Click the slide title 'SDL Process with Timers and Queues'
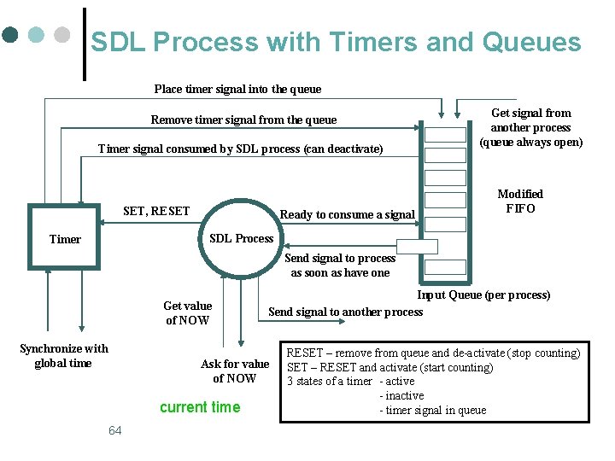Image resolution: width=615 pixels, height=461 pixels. pos(336,43)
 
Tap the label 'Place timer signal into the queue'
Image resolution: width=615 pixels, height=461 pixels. pos(237,89)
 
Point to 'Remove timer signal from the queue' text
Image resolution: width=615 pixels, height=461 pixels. pos(243,120)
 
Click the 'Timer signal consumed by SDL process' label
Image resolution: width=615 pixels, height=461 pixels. pos(240,149)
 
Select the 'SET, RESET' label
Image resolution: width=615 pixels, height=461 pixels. pos(156,211)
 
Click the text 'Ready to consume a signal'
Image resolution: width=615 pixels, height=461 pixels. pos(347,214)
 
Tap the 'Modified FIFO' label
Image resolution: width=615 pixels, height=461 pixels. pos(520,201)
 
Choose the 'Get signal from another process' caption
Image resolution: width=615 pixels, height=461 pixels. pos(530,127)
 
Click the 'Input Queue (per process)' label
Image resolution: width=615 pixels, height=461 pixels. pos(483,295)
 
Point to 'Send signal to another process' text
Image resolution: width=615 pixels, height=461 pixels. pos(345,312)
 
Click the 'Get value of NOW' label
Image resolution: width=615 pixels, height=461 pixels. pos(187,313)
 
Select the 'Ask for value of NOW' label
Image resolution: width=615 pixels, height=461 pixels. pos(235,371)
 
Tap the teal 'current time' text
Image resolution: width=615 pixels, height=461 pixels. pos(200,407)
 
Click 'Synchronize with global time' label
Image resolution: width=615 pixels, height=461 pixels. pos(63,356)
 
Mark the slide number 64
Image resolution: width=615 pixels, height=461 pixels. pos(115,430)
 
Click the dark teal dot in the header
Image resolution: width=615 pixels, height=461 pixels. pos(10,35)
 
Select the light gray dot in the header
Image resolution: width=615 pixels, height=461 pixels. pos(61,35)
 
